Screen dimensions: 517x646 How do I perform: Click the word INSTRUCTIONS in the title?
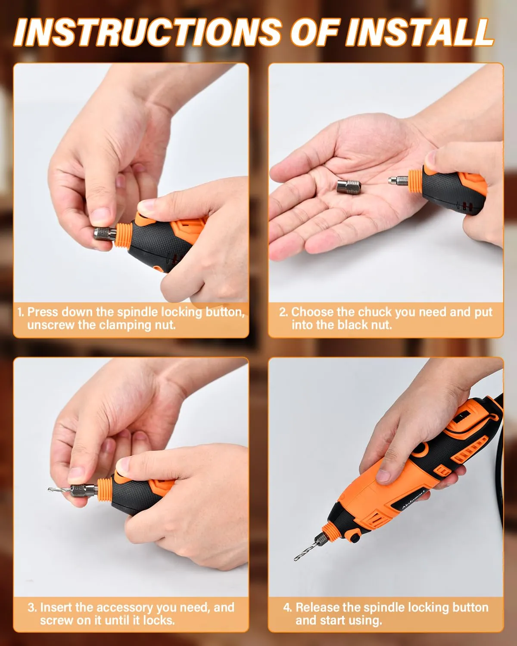pos(148,32)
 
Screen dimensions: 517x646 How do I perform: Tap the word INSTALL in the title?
pos(419,32)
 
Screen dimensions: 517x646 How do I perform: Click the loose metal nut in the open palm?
pos(349,186)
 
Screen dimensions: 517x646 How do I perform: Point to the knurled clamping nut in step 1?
pos(105,234)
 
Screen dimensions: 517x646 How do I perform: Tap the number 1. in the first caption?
pos(20,312)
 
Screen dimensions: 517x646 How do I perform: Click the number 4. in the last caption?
pos(287,607)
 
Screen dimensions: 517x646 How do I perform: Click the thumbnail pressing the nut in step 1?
pos(101,216)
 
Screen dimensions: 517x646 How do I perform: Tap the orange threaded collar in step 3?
pos(105,491)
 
